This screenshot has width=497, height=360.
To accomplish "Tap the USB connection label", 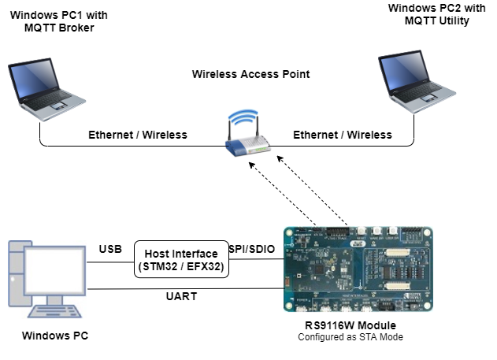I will [109, 249].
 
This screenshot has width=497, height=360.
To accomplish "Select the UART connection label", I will [181, 298].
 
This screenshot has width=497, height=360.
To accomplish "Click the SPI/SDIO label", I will [251, 249].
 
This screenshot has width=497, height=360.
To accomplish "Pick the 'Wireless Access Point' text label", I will [250, 74].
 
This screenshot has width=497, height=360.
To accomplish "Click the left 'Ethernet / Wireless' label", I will [138, 135].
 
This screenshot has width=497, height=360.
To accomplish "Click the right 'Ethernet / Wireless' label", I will [343, 135].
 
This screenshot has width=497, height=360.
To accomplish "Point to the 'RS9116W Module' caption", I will [351, 325].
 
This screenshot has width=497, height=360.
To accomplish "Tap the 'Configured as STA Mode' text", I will [351, 338].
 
